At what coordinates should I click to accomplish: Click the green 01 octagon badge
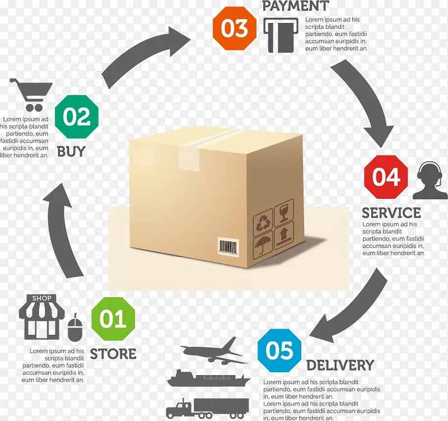coord(113,320)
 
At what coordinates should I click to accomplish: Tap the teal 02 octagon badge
coord(77,117)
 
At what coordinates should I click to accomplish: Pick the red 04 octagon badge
coord(386,177)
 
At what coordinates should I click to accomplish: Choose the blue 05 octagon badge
coord(279,351)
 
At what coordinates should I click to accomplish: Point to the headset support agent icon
coord(430,181)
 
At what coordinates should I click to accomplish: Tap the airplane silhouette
coord(213,349)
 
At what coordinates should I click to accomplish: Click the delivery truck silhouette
coord(207,407)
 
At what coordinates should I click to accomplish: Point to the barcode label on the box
coord(228,246)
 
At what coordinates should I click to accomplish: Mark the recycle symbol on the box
coord(263,224)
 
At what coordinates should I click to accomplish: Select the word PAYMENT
coord(295,7)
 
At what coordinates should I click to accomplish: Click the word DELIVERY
coord(340,366)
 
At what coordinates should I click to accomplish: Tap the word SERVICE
coord(391,213)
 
